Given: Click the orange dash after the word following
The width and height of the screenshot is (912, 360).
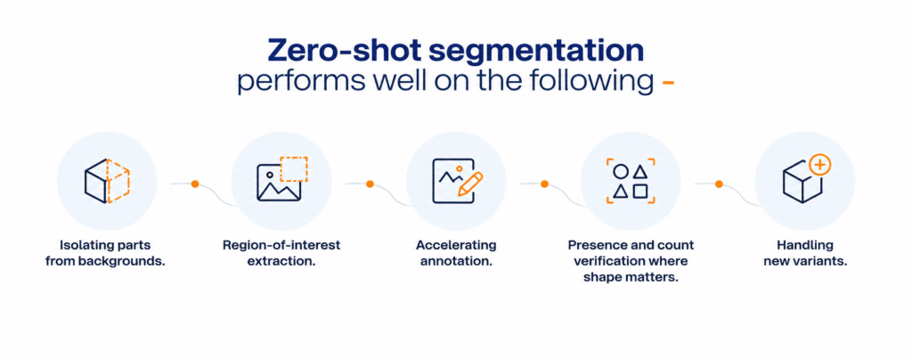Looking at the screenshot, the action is (668, 84).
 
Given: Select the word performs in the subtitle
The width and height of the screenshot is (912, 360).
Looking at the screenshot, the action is (287, 82).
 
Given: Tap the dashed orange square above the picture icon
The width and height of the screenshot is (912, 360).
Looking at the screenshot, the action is (294, 169).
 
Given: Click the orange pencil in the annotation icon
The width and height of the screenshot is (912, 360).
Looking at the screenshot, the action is (470, 184).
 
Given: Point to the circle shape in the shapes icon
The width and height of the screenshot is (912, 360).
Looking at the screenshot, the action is (621, 172).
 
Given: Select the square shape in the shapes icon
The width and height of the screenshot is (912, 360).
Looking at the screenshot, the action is (640, 191).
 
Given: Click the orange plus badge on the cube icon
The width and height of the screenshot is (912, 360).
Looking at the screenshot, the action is (820, 165).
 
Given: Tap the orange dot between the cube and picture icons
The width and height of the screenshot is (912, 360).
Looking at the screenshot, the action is (195, 184).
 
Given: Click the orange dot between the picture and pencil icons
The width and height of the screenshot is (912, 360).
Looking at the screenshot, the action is (370, 184).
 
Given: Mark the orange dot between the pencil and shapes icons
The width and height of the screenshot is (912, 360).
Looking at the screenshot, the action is (544, 184).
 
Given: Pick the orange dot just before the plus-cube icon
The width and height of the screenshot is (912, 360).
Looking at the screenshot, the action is (719, 184).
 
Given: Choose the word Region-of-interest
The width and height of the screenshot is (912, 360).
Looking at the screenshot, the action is (281, 245).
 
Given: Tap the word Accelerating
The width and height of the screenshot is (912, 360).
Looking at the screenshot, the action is (456, 245).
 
